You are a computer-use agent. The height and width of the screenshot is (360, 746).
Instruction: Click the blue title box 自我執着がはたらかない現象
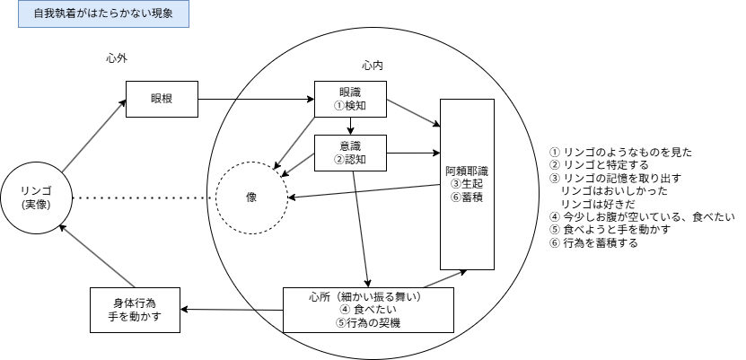point(102,15)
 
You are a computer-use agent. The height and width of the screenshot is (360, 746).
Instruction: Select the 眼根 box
point(161,98)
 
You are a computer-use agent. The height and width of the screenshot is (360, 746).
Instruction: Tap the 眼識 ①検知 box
point(350,99)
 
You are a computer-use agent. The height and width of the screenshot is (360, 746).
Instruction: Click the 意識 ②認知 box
point(350,154)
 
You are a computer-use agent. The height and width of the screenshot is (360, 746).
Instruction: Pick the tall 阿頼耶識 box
point(467,184)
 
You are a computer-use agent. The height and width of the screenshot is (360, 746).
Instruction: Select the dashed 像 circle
point(251,198)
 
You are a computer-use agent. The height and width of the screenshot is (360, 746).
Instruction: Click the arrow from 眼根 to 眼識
point(255,98)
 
